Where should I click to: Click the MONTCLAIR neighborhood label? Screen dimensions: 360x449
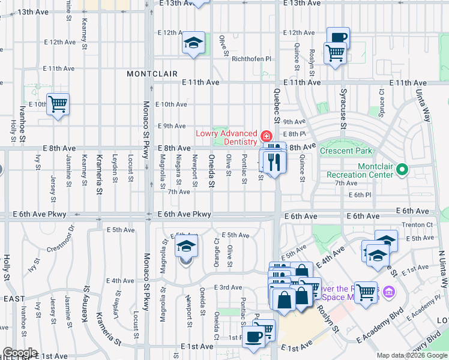(152, 73)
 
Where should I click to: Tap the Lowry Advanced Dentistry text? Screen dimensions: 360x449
(227, 137)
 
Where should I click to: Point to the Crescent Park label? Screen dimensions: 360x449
(346, 151)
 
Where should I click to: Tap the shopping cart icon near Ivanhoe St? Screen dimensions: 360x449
(58, 104)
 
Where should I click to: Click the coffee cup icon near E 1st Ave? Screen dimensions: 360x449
(253, 337)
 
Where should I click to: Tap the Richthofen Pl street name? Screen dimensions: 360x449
(252, 59)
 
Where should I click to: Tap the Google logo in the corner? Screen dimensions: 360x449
(19, 353)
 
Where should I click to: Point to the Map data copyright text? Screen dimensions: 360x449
(412, 355)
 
